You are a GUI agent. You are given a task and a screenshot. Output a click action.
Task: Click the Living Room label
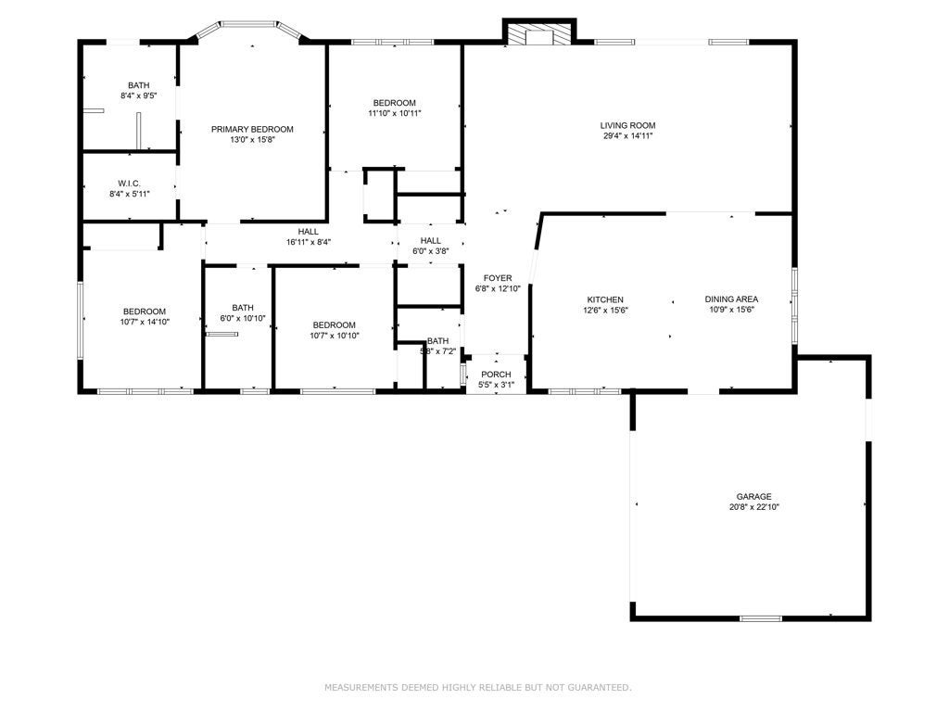pyautogui.click(x=627, y=125)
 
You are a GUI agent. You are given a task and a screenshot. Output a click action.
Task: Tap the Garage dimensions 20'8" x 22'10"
pyautogui.click(x=753, y=507)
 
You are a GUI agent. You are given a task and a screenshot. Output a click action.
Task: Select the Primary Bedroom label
pyautogui.click(x=252, y=129)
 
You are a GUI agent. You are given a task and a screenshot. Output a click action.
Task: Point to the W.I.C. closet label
pyautogui.click(x=129, y=183)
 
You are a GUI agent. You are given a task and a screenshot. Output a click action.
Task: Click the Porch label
pyautogui.click(x=495, y=374)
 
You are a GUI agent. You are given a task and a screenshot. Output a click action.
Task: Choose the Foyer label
pyautogui.click(x=498, y=278)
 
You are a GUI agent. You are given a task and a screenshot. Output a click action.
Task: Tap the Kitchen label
pyautogui.click(x=604, y=299)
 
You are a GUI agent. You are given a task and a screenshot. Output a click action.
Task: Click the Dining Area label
pyautogui.click(x=731, y=299)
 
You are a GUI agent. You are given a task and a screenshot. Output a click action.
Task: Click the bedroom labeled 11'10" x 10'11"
pyautogui.click(x=395, y=103)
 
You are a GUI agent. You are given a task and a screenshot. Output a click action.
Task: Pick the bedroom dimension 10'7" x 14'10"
pyautogui.click(x=145, y=322)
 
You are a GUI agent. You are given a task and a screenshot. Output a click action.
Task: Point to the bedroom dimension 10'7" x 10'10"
pyautogui.click(x=334, y=336)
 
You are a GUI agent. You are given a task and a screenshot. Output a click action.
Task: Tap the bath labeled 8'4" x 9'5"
pyautogui.click(x=138, y=85)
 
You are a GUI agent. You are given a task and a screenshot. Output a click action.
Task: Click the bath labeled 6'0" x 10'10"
pyautogui.click(x=243, y=308)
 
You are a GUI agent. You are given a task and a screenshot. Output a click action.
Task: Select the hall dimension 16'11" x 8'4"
pyautogui.click(x=308, y=242)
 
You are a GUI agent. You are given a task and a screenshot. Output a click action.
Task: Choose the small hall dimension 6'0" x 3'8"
pyautogui.click(x=430, y=251)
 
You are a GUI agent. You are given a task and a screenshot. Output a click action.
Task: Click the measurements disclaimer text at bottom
pyautogui.click(x=477, y=687)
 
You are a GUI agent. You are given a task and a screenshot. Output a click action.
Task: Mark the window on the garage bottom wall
pyautogui.click(x=760, y=617)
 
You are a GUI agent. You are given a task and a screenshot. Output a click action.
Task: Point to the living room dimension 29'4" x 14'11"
pyautogui.click(x=627, y=136)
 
